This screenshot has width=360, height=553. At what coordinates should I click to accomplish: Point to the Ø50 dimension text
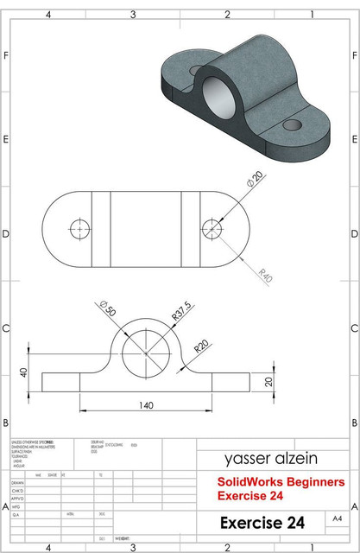click(108, 308)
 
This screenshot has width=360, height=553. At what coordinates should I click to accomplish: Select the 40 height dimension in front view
click(23, 372)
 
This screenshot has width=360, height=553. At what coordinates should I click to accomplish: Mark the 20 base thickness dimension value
click(268, 382)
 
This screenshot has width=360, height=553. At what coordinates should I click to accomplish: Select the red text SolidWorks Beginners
click(281, 481)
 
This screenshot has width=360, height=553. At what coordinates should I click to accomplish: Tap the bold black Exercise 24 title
click(262, 523)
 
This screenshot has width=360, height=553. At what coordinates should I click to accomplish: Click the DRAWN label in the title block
click(17, 484)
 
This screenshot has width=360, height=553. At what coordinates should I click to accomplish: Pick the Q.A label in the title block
click(16, 514)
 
